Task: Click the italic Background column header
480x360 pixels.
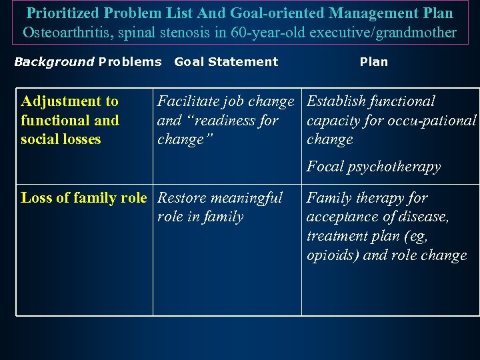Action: click(54, 62)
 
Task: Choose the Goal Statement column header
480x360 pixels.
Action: click(226, 62)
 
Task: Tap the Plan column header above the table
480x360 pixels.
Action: click(373, 62)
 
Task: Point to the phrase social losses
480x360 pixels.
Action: click(61, 139)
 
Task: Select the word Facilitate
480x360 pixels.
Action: click(189, 101)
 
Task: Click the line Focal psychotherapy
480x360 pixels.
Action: click(373, 167)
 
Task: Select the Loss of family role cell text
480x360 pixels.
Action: click(83, 198)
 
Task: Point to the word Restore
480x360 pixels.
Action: click(182, 198)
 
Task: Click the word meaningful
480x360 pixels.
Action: click(247, 198)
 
